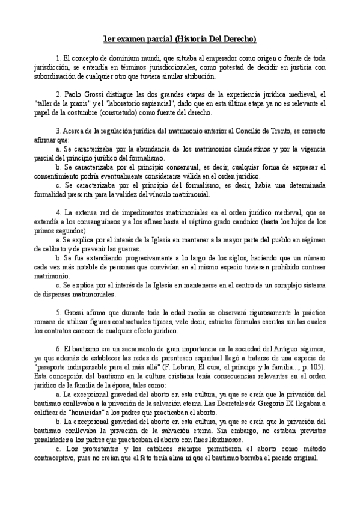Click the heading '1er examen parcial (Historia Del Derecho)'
180,40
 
